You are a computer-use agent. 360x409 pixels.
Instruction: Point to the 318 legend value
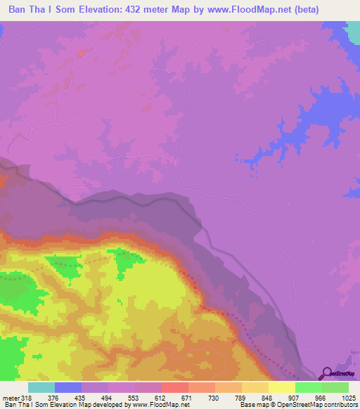tap(27, 398)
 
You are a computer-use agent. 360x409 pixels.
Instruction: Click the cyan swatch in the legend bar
tap(41, 388)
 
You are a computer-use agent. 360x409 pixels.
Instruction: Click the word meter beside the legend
tap(9, 398)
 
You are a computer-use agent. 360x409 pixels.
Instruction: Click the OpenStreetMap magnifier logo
tap(326, 373)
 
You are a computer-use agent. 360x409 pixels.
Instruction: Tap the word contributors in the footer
tap(341, 405)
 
